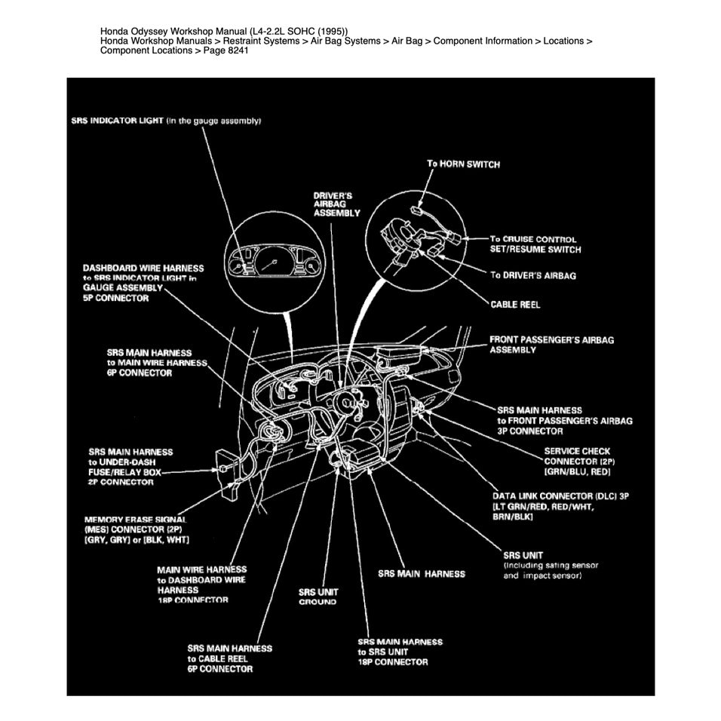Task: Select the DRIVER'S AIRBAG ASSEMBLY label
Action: pyautogui.click(x=336, y=204)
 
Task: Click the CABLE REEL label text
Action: pyautogui.click(x=515, y=305)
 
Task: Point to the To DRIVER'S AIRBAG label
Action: pyautogui.click(x=532, y=275)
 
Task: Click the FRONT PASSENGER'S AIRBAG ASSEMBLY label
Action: pyautogui.click(x=551, y=345)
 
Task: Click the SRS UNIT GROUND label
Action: pyautogui.click(x=318, y=597)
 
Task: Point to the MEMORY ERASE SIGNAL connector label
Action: pyautogui.click(x=136, y=530)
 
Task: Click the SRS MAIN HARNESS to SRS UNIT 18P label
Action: pyautogui.click(x=400, y=652)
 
